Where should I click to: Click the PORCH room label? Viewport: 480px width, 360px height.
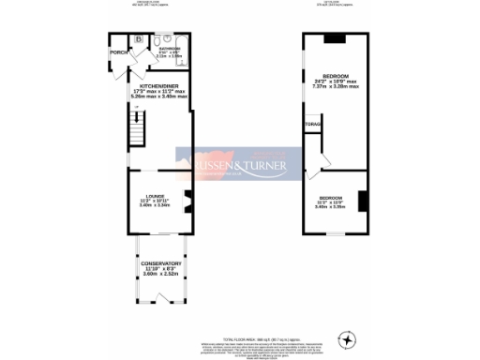pos(118,52)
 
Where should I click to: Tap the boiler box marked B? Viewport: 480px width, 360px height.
pos(138,39)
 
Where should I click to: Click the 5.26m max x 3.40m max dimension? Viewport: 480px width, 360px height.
pos(158,95)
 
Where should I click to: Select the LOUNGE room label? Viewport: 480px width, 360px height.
pos(155,195)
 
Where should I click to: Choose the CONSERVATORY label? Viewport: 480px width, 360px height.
pos(161,263)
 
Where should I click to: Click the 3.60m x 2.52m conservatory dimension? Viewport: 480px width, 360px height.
pos(161,275)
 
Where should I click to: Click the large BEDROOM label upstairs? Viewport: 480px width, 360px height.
pos(336,74)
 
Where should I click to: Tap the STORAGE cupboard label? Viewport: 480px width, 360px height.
pos(311,123)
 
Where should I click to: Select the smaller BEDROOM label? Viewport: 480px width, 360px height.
pos(329,198)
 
